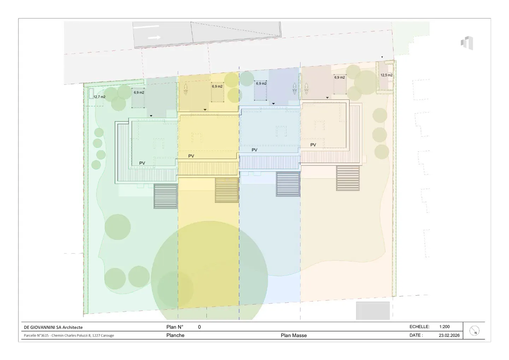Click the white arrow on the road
pos(154,37)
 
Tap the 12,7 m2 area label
pos(99,97)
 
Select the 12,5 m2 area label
pos(386,75)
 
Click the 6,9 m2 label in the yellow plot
pos(217,87)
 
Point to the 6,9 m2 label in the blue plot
pos(261,84)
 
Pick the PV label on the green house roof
pos(142,163)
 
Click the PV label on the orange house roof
pos(313,145)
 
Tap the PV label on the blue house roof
pos(255,150)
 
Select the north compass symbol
pos(474,331)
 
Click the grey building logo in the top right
pos(467,43)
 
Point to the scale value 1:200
pos(445,327)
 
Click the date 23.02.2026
pos(449,335)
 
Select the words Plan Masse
pos(294,335)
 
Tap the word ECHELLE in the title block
pos(420,327)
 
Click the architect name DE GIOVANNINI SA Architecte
pos(53,327)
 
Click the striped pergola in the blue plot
pos(288,184)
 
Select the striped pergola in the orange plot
pos(348,178)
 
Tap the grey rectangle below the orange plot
pos(373,310)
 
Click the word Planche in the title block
pos(175,335)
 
